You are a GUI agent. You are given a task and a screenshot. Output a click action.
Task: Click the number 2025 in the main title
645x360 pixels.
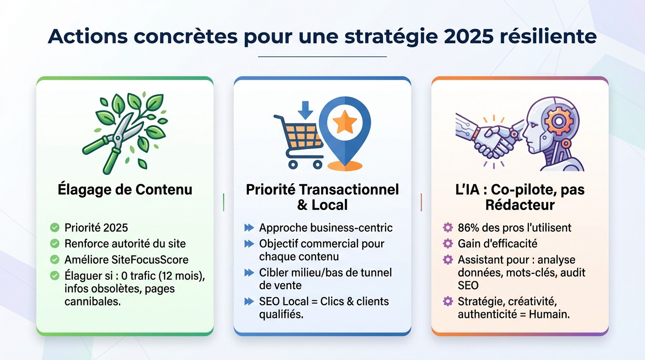[x=468, y=36]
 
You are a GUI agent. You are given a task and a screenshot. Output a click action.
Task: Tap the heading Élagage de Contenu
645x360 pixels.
[x=125, y=189]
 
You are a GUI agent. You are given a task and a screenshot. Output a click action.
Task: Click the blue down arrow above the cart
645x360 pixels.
[x=306, y=110]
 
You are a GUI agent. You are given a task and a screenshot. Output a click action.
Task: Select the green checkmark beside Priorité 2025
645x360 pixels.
[x=55, y=228]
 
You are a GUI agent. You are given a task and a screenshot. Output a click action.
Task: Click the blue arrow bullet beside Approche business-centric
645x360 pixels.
[x=249, y=228]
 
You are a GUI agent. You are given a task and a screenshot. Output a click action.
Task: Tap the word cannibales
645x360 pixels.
[x=93, y=301]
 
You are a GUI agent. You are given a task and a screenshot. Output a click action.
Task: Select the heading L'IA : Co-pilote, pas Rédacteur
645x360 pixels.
[x=519, y=197]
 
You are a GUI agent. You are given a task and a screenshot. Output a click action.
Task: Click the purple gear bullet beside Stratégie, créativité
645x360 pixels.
[x=448, y=301]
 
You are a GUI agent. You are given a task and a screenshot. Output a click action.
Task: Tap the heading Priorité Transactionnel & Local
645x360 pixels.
[x=322, y=197]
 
